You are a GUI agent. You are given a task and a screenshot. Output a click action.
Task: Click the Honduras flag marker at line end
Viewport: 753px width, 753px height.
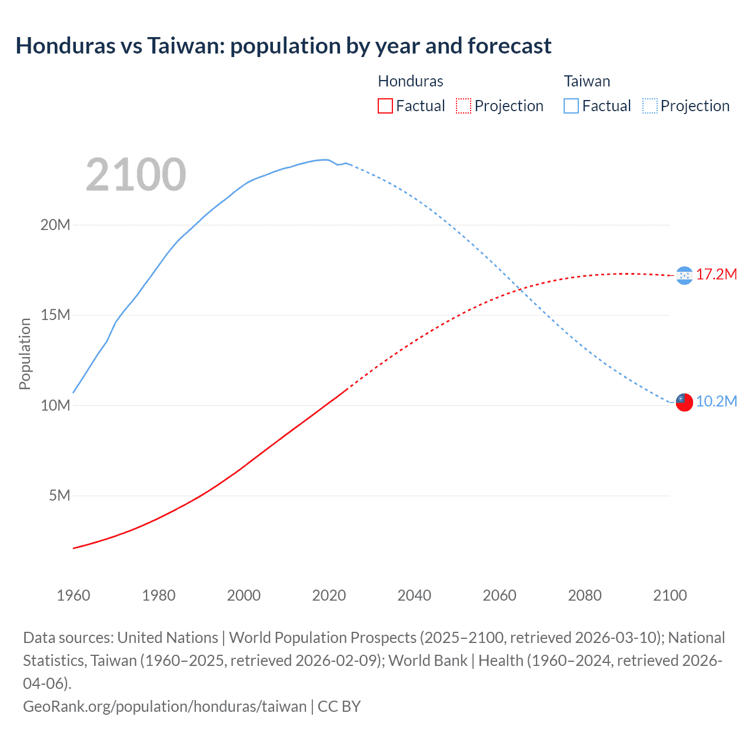tap(684, 275)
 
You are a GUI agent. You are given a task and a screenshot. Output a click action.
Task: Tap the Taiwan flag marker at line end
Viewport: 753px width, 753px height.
tap(684, 402)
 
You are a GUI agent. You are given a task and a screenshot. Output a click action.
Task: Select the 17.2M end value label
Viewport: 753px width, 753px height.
tap(717, 274)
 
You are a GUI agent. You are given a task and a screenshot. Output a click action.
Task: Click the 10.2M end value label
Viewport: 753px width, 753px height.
tap(717, 401)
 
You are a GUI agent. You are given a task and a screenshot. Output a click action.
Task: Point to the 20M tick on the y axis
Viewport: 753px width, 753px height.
tap(55, 225)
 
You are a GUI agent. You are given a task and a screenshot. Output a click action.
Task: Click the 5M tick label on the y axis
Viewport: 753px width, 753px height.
tap(59, 495)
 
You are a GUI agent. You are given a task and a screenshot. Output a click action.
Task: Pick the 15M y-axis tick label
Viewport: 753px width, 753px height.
tap(55, 315)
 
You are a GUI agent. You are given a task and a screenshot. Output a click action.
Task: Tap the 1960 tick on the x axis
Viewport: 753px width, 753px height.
tap(74, 595)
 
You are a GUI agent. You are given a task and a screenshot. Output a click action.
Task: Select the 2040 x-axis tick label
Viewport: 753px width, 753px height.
tap(414, 595)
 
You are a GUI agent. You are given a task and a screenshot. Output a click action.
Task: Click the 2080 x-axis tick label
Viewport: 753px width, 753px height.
tap(585, 595)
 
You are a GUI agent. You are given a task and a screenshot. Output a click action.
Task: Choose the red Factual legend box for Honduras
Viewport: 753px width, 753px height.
tap(385, 106)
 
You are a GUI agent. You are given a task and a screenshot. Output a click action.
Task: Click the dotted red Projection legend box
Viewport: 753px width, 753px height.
tap(464, 106)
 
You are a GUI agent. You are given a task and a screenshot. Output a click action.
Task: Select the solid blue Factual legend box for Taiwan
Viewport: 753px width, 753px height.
tap(571, 106)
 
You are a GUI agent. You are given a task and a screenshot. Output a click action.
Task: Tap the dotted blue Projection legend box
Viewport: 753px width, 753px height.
tap(650, 106)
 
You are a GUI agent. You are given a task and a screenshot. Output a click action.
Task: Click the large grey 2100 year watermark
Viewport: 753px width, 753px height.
tap(136, 175)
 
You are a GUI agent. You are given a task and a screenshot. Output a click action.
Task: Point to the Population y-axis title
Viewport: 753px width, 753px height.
tap(25, 354)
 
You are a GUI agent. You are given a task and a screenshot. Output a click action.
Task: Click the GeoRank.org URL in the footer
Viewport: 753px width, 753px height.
tap(165, 706)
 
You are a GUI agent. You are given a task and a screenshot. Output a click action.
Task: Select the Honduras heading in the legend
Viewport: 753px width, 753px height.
tap(411, 81)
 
